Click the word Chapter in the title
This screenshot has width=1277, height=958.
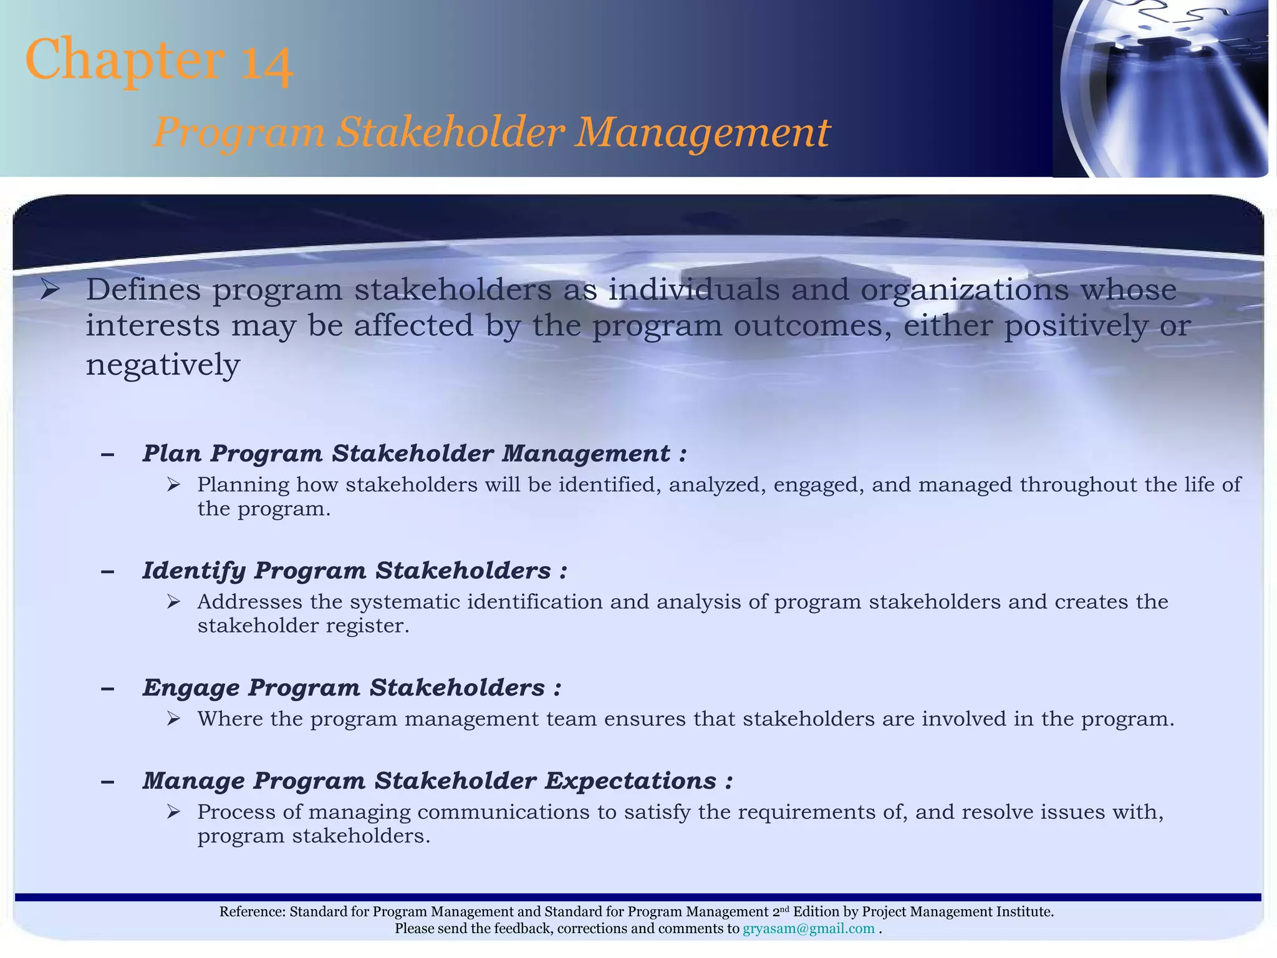[x=125, y=60]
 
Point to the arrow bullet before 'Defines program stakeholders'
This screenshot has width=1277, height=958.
[x=49, y=290]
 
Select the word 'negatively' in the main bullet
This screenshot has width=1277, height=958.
[x=162, y=365]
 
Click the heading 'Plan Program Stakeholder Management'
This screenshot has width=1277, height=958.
[x=414, y=453]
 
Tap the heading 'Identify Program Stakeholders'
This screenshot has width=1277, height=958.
[x=354, y=571]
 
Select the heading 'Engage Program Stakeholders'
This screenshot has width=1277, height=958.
[x=352, y=688]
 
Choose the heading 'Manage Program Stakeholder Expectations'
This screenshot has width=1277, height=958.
[x=437, y=781]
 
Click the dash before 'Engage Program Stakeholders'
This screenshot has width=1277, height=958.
[x=107, y=689]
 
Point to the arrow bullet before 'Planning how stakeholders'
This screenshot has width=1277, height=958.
[x=173, y=485]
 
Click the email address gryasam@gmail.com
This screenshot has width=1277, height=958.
[x=808, y=929]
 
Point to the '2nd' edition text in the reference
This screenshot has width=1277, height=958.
[x=781, y=911]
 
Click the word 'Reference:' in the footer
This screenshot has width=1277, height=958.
[x=252, y=912]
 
